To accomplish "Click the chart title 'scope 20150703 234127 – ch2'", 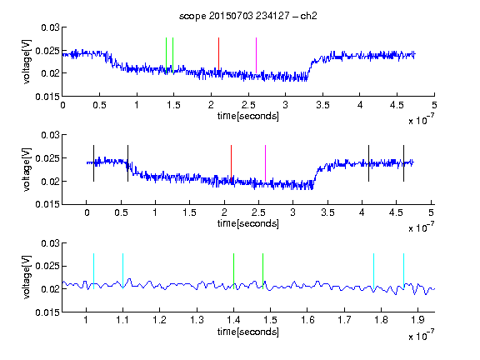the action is [248, 16].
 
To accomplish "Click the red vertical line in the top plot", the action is [218, 55].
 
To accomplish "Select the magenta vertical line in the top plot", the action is [256, 55].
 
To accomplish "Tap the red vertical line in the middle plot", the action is [231, 163].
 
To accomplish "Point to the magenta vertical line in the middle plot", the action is [265, 163].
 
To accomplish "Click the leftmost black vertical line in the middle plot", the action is [93, 163].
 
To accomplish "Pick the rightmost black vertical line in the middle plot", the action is [403, 163].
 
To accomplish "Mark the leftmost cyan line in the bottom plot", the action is [93, 271].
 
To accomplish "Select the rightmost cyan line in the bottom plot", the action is [403, 271].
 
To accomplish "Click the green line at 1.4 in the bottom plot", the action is [233, 271].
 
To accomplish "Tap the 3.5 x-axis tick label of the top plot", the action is [323, 105].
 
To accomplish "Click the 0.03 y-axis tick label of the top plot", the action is [50, 27].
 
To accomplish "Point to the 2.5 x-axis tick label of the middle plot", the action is [258, 212].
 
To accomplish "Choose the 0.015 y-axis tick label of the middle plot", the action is [47, 204].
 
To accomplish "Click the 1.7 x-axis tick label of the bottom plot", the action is [344, 320].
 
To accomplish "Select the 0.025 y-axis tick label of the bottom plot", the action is [47, 266].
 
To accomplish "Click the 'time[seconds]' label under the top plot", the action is [248, 116].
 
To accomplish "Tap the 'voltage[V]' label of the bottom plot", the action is [27, 277].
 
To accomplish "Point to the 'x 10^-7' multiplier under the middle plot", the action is [421, 227].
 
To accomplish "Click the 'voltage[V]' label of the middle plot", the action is [27, 170].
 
